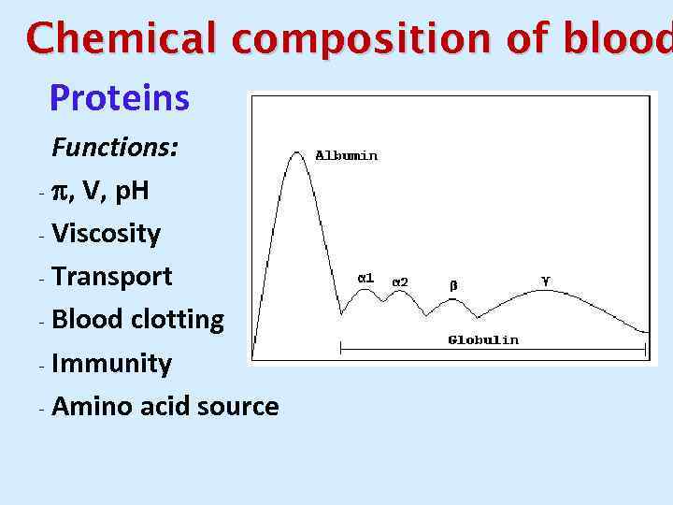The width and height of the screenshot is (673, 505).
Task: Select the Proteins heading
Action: (119, 97)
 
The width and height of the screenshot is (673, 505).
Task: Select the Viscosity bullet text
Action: (106, 234)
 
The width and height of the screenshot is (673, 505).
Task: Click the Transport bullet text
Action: (112, 277)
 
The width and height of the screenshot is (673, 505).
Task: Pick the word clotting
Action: (177, 320)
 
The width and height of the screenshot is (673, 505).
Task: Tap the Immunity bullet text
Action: (111, 363)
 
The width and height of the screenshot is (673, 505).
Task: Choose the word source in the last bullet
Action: (237, 406)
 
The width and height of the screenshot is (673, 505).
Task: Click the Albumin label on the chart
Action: (346, 156)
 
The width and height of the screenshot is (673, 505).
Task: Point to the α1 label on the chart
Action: (366, 278)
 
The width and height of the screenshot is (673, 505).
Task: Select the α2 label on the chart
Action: (399, 281)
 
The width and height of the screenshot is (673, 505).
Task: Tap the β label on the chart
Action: (453, 284)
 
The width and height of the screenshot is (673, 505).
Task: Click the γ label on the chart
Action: (546, 279)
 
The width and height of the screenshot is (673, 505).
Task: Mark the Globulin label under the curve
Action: (482, 339)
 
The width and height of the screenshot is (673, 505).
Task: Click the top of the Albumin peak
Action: (297, 153)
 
